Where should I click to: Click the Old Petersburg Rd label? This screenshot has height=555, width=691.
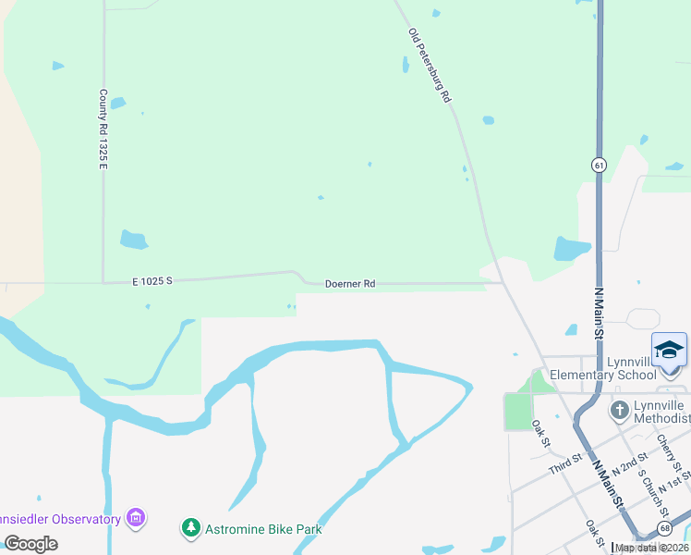tap(430, 65)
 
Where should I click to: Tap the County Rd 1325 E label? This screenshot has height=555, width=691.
tap(103, 129)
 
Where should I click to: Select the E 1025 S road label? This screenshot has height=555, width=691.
tap(152, 280)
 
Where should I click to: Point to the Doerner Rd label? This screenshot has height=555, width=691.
tap(350, 284)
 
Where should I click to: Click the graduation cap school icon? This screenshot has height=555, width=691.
tap(669, 349)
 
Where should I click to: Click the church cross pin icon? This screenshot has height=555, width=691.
tap(620, 408)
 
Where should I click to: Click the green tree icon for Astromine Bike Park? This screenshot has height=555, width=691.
tap(191, 528)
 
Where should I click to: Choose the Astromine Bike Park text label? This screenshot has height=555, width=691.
tap(263, 529)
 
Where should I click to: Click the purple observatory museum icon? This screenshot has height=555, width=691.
tap(136, 518)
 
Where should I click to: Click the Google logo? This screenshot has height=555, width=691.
tap(30, 544)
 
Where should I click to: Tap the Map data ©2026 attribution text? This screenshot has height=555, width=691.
tap(651, 548)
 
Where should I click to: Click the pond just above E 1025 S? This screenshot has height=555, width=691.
tap(134, 240)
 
